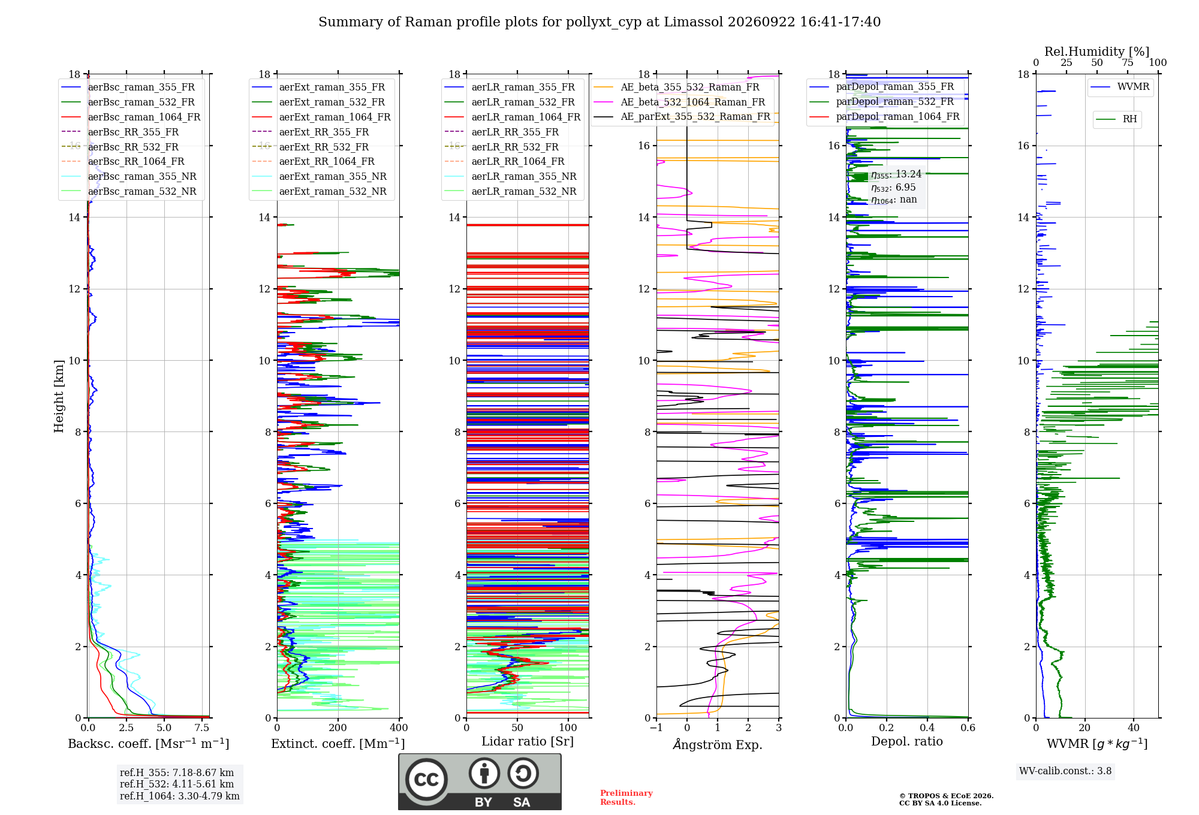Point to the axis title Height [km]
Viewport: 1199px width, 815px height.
[59, 396]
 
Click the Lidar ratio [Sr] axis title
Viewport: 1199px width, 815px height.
[528, 741]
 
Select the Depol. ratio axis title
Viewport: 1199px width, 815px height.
[907, 741]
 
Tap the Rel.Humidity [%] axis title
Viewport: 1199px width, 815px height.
[1097, 52]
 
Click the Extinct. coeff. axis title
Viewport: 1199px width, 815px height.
[338, 744]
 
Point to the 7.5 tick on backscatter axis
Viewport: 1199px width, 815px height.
[202, 728]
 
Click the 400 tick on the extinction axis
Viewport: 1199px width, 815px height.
[399, 728]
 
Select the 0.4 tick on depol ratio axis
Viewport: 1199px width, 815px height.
[927, 728]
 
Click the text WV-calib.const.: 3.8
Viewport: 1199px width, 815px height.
[1065, 771]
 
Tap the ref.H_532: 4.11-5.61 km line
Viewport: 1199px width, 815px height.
[177, 784]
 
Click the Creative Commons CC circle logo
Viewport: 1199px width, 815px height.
[426, 780]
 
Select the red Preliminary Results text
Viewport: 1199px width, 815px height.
[626, 798]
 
